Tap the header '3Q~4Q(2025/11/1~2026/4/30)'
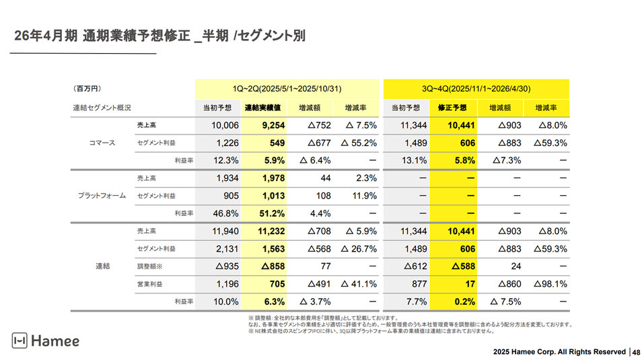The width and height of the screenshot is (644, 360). tap(476, 89)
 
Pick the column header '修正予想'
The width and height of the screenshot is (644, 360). tap(452, 108)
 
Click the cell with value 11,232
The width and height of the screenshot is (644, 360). tap(268, 231)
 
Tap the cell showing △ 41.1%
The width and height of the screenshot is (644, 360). tap(357, 284)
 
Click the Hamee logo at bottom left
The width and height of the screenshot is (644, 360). tap(46, 341)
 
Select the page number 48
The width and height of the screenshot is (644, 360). tap(636, 351)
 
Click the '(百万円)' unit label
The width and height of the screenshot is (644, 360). tap(87, 89)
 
